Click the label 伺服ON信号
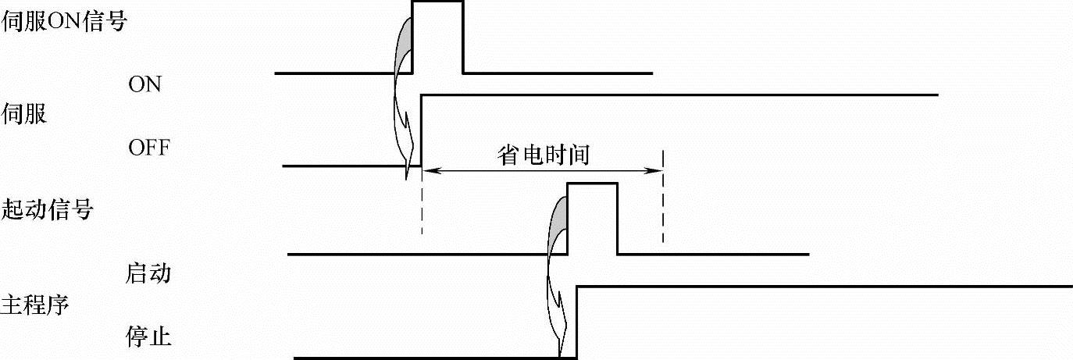(64, 21)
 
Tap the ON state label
(144, 84)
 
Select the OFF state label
(148, 147)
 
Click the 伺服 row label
(26, 114)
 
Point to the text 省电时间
(543, 155)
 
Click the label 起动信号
(48, 209)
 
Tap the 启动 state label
(148, 274)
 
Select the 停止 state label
(148, 337)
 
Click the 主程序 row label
(37, 304)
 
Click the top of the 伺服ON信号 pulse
(437, 2)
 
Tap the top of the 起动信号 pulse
(592, 184)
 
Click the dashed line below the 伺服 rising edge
(422, 207)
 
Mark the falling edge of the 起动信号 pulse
(618, 219)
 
